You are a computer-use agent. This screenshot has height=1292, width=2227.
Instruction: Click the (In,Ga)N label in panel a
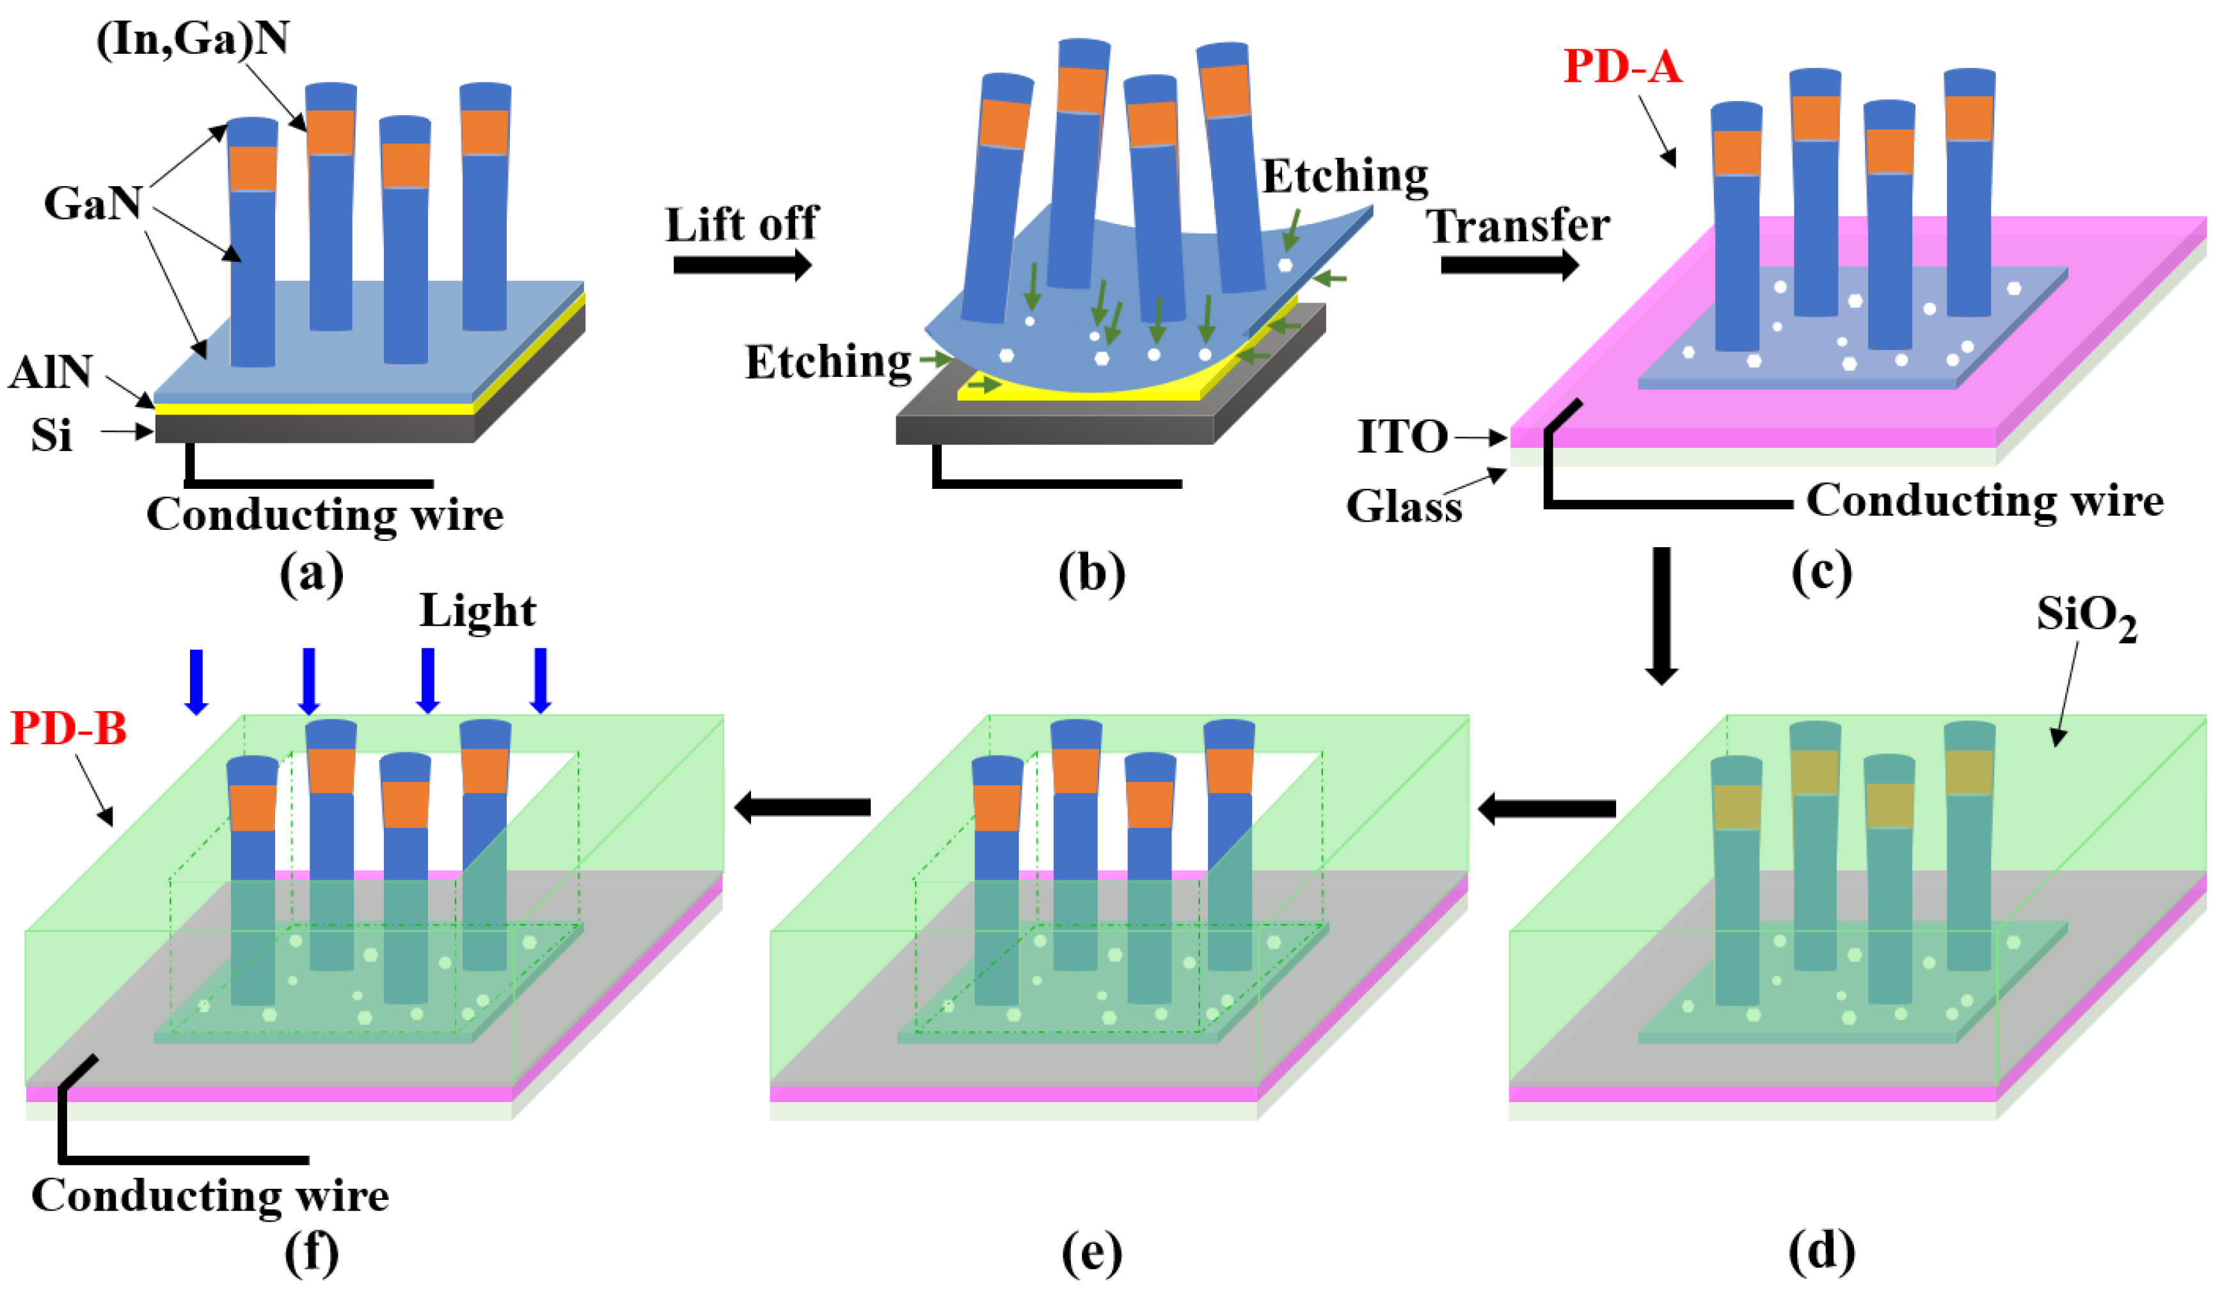point(193,39)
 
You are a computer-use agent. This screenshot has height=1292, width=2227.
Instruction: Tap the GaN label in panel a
point(93,204)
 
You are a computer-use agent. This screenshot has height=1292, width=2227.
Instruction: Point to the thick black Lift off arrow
point(741,264)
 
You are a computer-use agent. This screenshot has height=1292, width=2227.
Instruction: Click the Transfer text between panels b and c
point(1518,225)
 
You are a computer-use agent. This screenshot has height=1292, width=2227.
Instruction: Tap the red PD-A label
point(1622,67)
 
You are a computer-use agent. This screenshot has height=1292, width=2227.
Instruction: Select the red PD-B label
point(68,729)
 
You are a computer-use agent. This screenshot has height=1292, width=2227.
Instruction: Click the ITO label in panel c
point(1402,436)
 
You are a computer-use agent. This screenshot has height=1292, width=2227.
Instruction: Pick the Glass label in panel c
point(1404,506)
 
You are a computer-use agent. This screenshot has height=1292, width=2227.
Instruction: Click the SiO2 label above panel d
point(2086,616)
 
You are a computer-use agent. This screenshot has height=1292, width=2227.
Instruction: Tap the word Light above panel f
point(477,610)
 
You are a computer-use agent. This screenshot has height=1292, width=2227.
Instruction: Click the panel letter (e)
point(1091,1253)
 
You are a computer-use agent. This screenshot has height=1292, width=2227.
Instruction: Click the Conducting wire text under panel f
point(210,1195)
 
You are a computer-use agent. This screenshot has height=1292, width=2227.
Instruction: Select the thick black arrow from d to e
point(1546,808)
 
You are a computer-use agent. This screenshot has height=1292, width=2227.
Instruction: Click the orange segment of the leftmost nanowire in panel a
point(253,168)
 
